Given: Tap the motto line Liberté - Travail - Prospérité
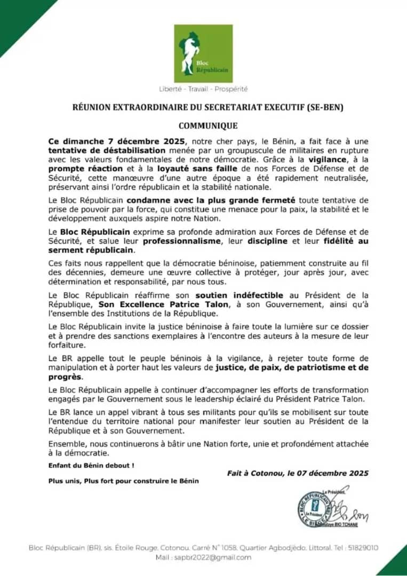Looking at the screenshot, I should pyautogui.click(x=203, y=89).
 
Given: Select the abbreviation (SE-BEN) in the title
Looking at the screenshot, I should pyautogui.click(x=325, y=107).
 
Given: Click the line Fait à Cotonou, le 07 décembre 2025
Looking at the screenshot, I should pyautogui.click(x=297, y=473).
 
